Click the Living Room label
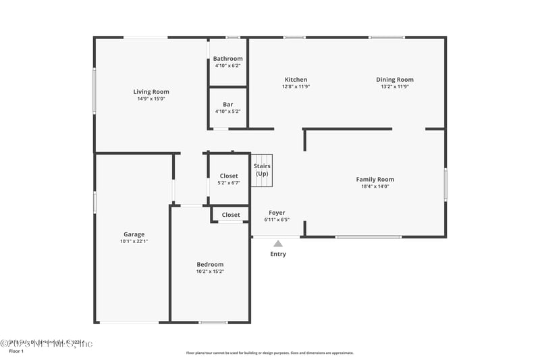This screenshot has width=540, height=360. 151,92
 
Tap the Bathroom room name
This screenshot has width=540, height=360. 227,59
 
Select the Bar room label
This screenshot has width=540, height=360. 227,105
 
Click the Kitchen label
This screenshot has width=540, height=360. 296,80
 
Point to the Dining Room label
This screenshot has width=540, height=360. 395,80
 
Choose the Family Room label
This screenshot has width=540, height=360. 375,179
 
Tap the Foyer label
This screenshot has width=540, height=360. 277,213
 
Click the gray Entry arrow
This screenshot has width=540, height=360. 277,243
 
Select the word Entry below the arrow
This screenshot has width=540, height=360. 278,254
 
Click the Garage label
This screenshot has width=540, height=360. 134,234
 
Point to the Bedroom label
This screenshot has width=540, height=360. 210,264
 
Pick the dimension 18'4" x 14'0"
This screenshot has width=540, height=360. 375,186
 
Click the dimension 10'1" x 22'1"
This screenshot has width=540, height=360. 134,241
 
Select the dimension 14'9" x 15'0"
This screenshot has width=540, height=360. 151,99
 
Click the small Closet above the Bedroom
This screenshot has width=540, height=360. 231,215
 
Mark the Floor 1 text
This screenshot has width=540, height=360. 16,351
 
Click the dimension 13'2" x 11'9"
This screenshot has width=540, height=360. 395,86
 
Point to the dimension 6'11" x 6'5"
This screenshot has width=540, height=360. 277,220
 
